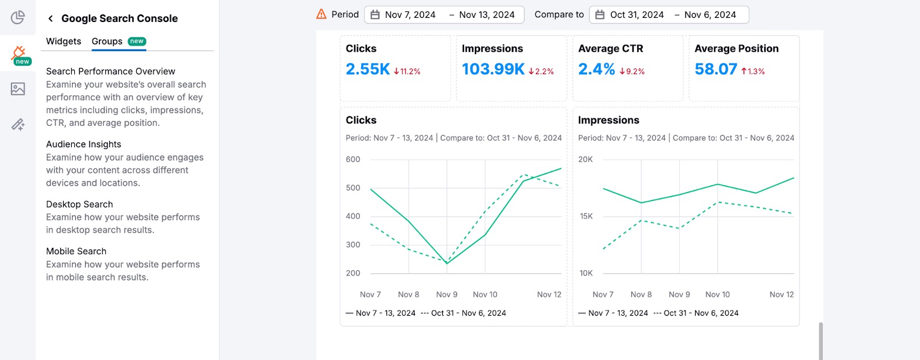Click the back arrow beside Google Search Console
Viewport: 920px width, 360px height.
click(51, 18)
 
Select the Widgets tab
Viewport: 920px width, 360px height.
click(63, 41)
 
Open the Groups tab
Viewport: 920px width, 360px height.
click(108, 41)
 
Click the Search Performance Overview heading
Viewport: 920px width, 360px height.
click(110, 71)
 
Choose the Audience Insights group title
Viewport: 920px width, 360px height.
click(83, 144)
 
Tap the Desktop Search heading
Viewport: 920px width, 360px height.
click(79, 204)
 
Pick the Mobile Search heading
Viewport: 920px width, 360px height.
click(76, 251)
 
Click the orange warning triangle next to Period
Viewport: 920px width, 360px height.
click(321, 14)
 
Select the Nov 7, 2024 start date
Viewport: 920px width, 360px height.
click(410, 15)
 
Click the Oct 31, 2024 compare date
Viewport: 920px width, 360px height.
click(637, 15)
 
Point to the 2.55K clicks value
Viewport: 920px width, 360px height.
click(367, 70)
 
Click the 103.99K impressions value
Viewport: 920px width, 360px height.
click(493, 70)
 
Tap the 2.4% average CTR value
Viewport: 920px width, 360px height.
click(596, 70)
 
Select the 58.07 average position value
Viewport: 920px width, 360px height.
click(715, 70)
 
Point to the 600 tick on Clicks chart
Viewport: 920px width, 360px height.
click(353, 159)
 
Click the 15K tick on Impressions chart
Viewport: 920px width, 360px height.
click(586, 216)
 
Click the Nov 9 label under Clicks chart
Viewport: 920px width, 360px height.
click(447, 294)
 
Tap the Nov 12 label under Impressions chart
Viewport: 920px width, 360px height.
click(781, 294)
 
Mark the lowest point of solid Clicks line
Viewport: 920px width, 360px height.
click(447, 263)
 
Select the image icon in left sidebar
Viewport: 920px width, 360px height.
click(18, 89)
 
